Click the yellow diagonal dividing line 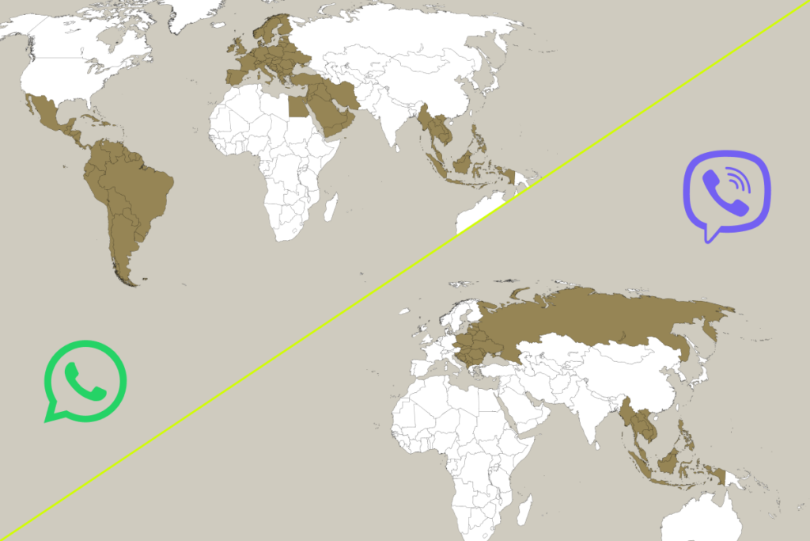point(405,269)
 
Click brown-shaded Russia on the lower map point(601,317)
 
